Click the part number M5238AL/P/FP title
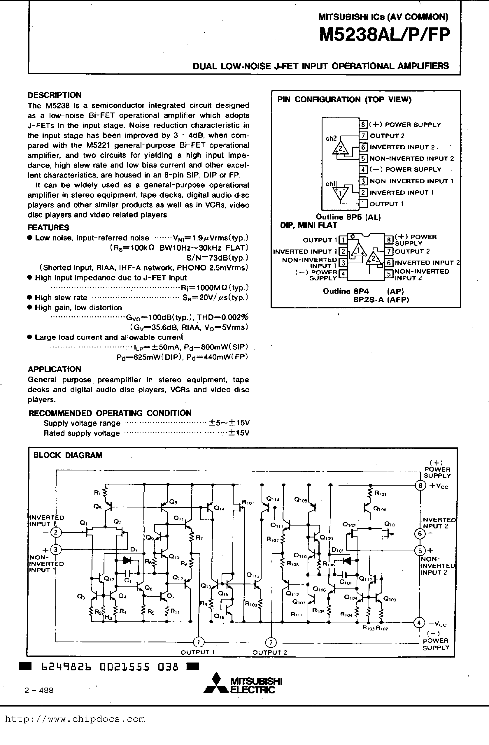pyautogui.click(x=384, y=35)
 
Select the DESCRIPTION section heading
pyautogui.click(x=55, y=95)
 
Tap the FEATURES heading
pyautogui.click(x=48, y=228)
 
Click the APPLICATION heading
pyautogui.click(x=55, y=369)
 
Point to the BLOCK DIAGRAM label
pyautogui.click(x=68, y=455)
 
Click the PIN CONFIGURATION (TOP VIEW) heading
pyautogui.click(x=344, y=100)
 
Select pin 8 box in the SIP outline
pyautogui.click(x=363, y=124)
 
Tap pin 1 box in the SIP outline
pyautogui.click(x=363, y=204)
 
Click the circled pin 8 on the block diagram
pyautogui.click(x=420, y=486)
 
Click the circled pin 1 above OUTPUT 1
pyautogui.click(x=198, y=642)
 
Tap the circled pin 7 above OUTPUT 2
pyautogui.click(x=271, y=643)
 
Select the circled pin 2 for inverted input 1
pyautogui.click(x=56, y=532)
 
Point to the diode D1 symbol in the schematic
pyautogui.click(x=127, y=560)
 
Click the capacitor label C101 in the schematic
pyautogui.click(x=346, y=583)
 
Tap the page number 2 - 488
pyautogui.click(x=39, y=690)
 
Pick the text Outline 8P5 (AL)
pyautogui.click(x=348, y=217)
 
